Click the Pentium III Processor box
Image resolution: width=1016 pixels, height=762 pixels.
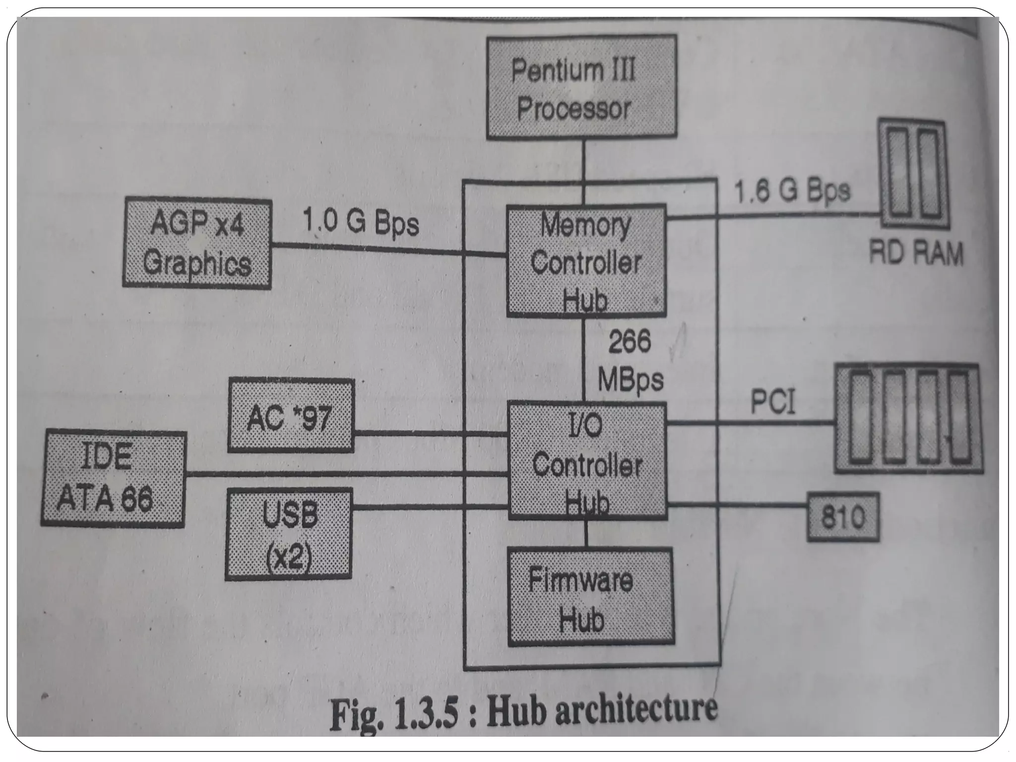(x=581, y=87)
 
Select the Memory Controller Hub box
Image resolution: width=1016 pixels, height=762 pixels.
(x=586, y=260)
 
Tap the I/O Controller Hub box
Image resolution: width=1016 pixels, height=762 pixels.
(x=587, y=462)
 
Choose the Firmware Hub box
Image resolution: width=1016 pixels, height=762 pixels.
(x=590, y=597)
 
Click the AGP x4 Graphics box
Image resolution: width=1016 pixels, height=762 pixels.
(x=197, y=243)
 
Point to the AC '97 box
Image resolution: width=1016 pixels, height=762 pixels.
(x=291, y=416)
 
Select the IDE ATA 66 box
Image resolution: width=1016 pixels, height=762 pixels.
(x=114, y=479)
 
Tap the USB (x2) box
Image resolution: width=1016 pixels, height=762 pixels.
(x=289, y=534)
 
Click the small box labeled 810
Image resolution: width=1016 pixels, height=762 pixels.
(x=843, y=517)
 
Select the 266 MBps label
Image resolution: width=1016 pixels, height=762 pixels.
(x=630, y=361)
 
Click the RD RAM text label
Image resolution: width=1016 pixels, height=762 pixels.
(x=916, y=254)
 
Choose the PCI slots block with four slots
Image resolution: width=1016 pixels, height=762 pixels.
(x=908, y=418)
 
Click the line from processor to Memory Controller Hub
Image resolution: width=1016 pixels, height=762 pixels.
(x=584, y=171)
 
